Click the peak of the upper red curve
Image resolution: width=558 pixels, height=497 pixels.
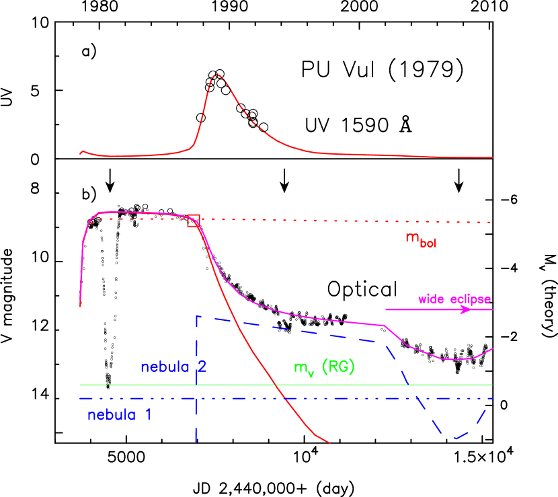216,75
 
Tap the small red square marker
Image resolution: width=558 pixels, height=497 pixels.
193,221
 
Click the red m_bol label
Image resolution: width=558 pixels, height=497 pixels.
420,239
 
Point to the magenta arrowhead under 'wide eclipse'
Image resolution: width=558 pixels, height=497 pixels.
466,310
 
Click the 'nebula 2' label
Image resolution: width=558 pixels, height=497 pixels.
173,367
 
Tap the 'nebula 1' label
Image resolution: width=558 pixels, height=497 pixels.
119,415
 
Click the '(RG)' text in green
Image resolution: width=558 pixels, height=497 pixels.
338,367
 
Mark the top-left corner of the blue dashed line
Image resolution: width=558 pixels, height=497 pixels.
196,317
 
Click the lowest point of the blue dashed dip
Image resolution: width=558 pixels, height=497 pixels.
455,438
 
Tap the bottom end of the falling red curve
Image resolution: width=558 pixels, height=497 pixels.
330,443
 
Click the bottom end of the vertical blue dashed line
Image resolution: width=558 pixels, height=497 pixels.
196,442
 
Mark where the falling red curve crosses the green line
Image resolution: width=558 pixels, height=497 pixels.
274,385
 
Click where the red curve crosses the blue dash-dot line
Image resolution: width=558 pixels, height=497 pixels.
286,399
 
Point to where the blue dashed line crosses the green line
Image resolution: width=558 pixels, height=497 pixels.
408,385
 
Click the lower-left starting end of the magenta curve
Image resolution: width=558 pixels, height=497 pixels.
80,306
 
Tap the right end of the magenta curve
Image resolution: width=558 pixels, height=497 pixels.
493,348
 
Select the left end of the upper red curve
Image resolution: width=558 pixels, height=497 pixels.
80,153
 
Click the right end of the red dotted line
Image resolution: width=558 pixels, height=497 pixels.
493,222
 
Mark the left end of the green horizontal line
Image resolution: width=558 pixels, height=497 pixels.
80,385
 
